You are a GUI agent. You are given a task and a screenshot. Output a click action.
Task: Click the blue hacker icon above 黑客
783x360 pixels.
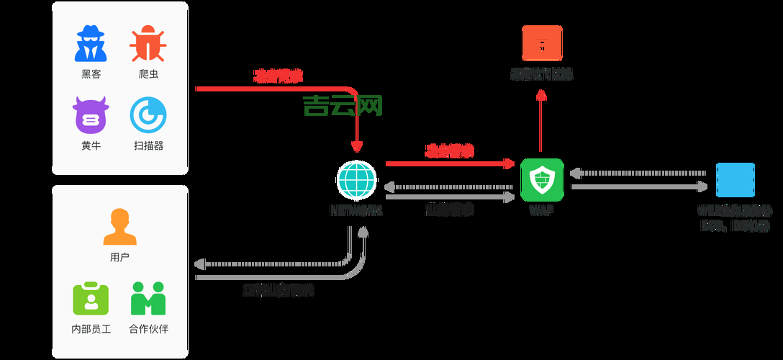[x=91, y=44]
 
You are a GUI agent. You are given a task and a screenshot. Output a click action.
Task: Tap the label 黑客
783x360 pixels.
[x=91, y=74]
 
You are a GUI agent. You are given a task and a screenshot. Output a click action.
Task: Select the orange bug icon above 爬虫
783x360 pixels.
[x=148, y=44]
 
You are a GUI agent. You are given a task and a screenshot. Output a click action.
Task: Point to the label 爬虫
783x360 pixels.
[x=148, y=74]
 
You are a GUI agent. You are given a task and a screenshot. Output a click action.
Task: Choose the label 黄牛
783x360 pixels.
[x=91, y=145]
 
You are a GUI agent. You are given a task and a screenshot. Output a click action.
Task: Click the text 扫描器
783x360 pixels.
[x=148, y=145]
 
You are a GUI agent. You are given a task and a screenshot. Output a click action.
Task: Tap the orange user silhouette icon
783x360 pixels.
[x=119, y=228]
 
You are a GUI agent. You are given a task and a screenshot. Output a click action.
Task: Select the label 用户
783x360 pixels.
[x=119, y=257]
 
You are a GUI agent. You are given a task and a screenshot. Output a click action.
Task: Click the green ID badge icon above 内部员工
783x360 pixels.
[x=91, y=299]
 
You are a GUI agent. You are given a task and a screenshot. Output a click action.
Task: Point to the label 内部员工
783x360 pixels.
[x=91, y=329]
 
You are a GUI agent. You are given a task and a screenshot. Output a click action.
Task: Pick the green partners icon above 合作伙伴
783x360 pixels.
[x=148, y=299]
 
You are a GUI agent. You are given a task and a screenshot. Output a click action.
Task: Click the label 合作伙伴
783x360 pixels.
[x=148, y=329]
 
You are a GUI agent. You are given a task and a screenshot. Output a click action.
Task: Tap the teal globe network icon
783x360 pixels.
[x=357, y=180]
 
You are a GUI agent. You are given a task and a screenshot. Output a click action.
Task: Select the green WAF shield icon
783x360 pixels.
[x=542, y=180]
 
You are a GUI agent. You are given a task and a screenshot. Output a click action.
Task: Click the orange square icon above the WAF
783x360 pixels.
[x=542, y=42]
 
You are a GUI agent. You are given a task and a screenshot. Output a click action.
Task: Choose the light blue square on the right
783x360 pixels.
[x=735, y=180]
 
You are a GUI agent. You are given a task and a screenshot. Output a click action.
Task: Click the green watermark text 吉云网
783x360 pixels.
[x=343, y=106]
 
